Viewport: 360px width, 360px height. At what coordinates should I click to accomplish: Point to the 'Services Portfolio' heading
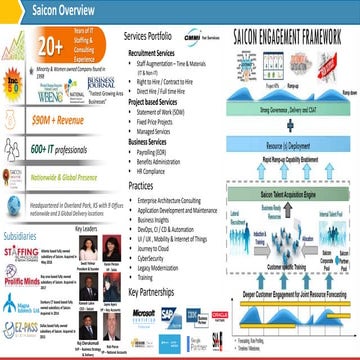(153, 35)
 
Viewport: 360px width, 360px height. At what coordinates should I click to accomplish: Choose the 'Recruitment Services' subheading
(159, 50)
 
